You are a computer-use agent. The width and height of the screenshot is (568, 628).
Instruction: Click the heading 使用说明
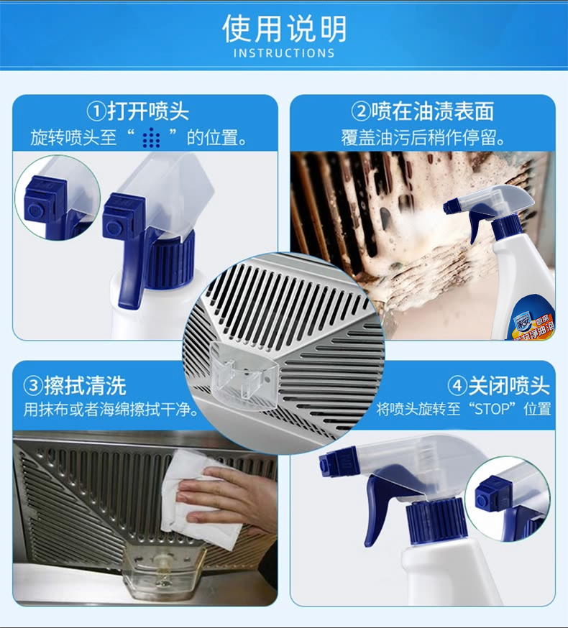pyautogui.click(x=284, y=29)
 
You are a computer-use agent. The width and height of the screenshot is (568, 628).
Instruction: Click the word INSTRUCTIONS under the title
pyautogui.click(x=284, y=53)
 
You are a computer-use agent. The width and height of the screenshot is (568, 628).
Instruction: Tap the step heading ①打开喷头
pyautogui.click(x=138, y=111)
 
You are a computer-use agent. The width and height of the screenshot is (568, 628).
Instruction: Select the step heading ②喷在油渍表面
pyautogui.click(x=423, y=111)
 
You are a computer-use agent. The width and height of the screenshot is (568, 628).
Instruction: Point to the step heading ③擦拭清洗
pyautogui.click(x=75, y=386)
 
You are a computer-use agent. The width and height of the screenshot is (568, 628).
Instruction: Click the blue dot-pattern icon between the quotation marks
pyautogui.click(x=152, y=138)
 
